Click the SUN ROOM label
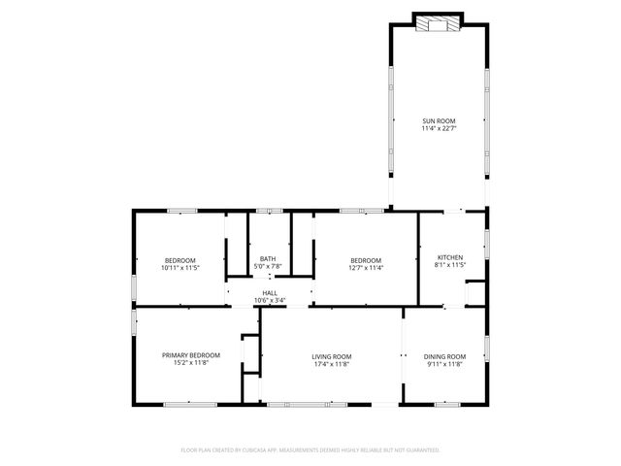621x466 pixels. (x=439, y=120)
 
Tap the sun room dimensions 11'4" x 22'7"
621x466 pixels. (x=439, y=128)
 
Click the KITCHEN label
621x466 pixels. (x=450, y=257)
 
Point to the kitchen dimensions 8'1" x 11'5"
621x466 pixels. (x=450, y=265)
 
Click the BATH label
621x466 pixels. (x=268, y=258)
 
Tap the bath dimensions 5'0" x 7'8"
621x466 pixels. (x=268, y=266)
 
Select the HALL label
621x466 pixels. (x=270, y=292)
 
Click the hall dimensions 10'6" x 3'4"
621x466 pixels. (x=270, y=300)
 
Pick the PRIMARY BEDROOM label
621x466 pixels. (x=191, y=355)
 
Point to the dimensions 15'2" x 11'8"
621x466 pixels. (x=191, y=363)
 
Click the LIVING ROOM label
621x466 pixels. (x=332, y=356)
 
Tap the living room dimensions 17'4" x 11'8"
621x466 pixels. (x=332, y=364)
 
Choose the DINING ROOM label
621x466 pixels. (x=444, y=356)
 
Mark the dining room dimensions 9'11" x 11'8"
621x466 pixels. (x=444, y=364)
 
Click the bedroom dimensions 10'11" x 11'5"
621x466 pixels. (x=180, y=267)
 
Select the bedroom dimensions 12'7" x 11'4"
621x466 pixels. (x=366, y=267)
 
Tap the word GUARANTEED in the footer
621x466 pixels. (x=418, y=450)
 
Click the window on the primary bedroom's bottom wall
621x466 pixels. (x=190, y=404)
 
